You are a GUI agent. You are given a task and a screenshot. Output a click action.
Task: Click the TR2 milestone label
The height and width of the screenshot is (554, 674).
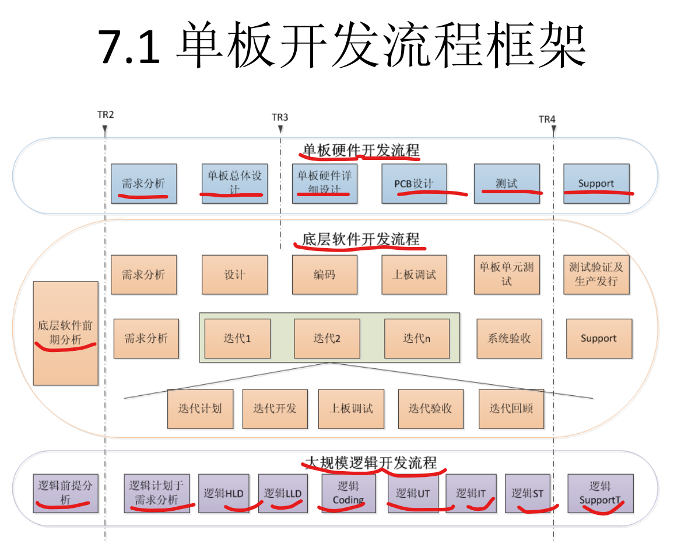[x=106, y=115]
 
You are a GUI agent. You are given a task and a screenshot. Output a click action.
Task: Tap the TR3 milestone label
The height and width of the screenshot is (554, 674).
[x=280, y=117]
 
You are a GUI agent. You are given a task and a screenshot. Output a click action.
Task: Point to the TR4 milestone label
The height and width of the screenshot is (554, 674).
[x=547, y=120]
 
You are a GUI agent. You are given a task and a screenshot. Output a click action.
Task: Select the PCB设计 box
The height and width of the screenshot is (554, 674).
[x=414, y=183]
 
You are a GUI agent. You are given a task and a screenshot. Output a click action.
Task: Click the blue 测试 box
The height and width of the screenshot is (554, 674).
[x=507, y=183]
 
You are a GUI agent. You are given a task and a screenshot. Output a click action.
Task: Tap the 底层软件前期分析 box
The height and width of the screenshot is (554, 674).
[x=65, y=333]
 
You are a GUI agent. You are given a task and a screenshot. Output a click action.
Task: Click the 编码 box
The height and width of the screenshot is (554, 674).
[x=324, y=274]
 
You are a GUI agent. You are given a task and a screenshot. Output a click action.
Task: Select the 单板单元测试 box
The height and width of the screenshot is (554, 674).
[x=507, y=274]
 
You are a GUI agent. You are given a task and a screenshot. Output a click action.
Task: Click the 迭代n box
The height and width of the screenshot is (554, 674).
[x=417, y=339]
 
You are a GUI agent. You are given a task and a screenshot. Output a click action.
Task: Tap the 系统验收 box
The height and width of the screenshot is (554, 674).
[x=509, y=339]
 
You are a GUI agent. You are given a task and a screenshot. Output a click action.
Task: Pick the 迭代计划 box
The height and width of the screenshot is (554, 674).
[x=200, y=409]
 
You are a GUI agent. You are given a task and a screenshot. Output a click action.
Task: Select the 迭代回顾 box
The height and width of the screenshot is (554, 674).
[x=511, y=409]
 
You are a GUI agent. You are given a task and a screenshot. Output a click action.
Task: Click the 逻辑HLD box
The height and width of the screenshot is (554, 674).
[x=223, y=493]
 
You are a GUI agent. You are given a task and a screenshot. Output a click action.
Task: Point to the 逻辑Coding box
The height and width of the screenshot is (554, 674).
[x=348, y=493]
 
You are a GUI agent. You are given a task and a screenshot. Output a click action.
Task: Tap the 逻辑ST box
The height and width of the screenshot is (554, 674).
[x=527, y=493]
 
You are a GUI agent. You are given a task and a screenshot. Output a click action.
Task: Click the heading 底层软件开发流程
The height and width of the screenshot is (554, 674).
[x=360, y=239]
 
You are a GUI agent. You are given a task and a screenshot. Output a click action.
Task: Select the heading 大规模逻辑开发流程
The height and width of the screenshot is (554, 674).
[x=371, y=463]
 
